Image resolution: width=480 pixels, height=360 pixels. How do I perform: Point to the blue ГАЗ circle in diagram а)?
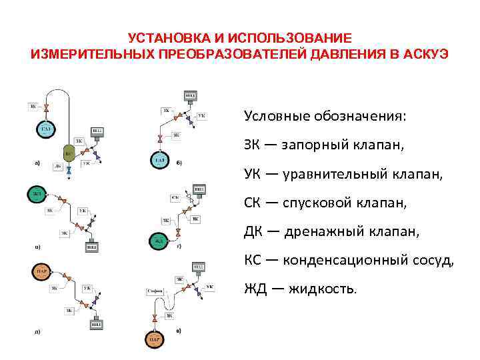[46, 129]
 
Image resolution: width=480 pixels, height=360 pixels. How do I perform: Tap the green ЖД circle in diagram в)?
[37, 195]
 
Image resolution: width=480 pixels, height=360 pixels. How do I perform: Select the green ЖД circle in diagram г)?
[159, 240]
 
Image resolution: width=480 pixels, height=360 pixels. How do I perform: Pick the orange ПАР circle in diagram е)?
[155, 339]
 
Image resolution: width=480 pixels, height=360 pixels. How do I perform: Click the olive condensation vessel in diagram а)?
[68, 152]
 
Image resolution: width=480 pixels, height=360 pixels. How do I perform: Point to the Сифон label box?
[155, 291]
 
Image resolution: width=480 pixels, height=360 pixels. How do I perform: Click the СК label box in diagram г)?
[175, 198]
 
